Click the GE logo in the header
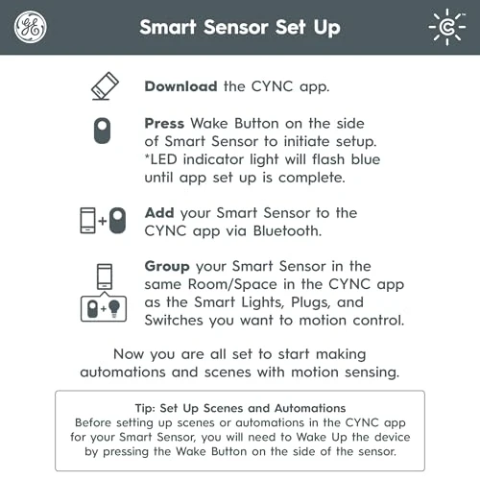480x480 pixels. coord(30,27)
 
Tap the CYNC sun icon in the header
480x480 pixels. coord(448,27)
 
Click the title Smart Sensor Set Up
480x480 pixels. coord(240,27)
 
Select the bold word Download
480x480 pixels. coord(180,86)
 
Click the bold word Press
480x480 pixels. coord(164,123)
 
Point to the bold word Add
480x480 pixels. coord(159,212)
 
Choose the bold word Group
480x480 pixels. coord(167,266)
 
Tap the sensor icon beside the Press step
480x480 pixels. coord(103,131)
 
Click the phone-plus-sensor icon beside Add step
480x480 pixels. coord(103,221)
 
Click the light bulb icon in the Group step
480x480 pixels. coord(114,307)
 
